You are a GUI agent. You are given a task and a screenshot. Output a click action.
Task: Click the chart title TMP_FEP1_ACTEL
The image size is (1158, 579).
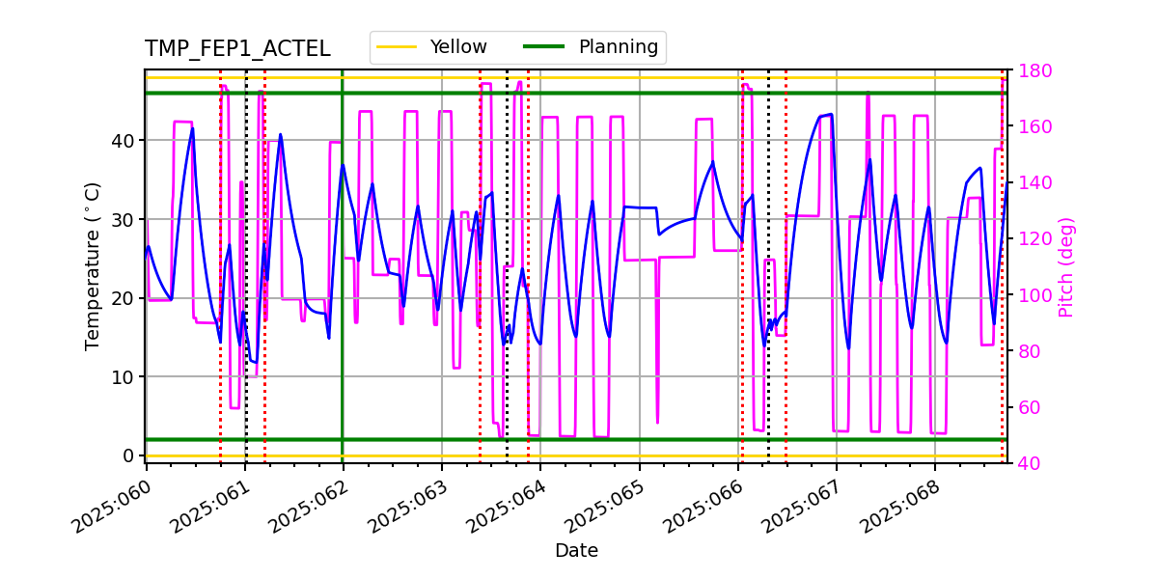tap(237, 49)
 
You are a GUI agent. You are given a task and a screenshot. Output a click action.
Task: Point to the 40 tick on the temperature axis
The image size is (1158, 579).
tap(123, 141)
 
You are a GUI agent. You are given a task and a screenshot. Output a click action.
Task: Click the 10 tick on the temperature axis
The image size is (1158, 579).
tap(123, 377)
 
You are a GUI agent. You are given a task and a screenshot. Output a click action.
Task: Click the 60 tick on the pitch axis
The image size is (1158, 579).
tap(1031, 407)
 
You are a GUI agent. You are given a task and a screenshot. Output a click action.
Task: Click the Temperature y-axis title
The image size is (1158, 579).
tap(93, 265)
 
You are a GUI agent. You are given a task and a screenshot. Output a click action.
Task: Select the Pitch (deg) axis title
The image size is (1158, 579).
tap(1066, 266)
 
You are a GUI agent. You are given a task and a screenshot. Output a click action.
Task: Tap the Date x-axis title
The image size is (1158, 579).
tap(576, 551)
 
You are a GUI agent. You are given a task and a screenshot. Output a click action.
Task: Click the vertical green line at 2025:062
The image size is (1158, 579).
tap(343, 289)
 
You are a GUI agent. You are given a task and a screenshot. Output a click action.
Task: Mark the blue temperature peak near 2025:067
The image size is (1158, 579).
tap(830, 114)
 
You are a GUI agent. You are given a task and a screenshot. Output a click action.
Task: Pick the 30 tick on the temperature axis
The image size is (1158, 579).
tap(123, 220)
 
